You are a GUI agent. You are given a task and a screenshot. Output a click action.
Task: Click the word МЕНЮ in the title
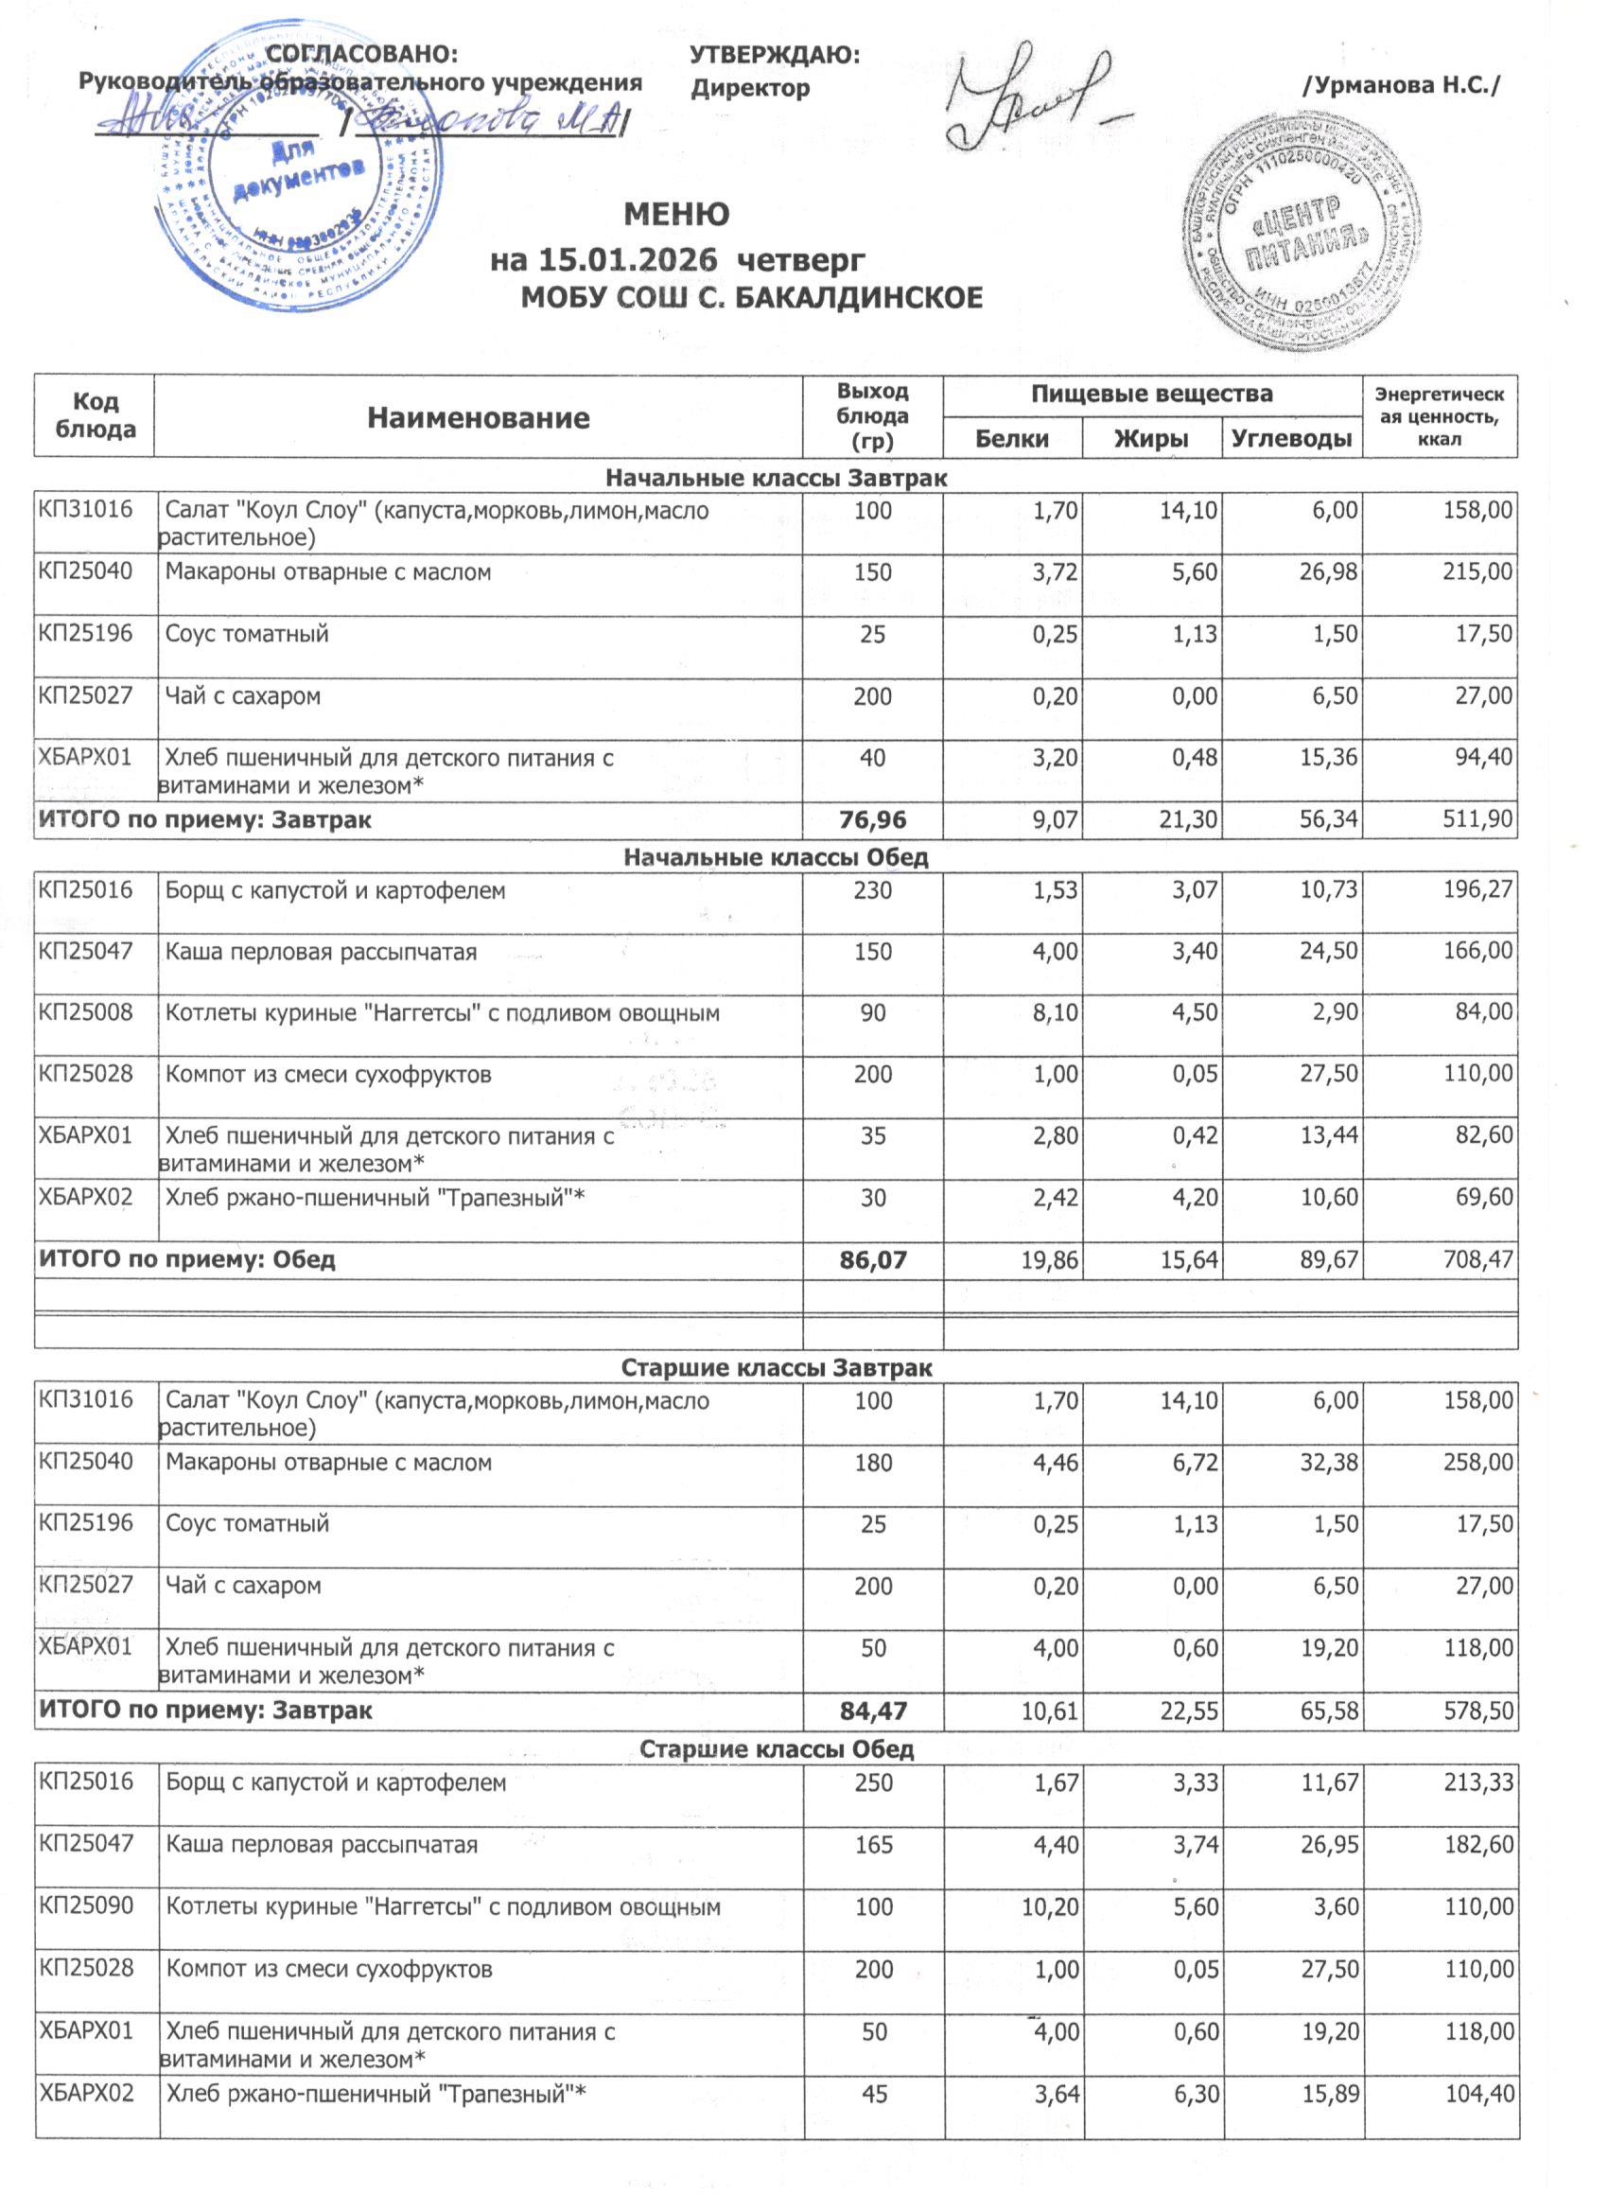click(x=676, y=215)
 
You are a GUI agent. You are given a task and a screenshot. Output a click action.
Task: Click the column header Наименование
click(x=478, y=418)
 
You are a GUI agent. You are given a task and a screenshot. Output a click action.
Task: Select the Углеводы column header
click(x=1292, y=439)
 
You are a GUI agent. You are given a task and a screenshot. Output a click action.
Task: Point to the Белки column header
click(x=1012, y=439)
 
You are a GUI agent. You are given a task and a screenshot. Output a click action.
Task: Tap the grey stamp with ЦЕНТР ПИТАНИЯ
click(x=1302, y=239)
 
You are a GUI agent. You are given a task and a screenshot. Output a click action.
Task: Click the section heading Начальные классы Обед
click(x=776, y=857)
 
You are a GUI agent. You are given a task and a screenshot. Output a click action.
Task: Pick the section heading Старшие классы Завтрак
click(x=777, y=1367)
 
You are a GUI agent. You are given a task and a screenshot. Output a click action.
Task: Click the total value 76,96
click(x=873, y=820)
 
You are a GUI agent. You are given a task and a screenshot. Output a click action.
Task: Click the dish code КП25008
click(x=86, y=1012)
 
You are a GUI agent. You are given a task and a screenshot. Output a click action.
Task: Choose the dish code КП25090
click(x=86, y=1905)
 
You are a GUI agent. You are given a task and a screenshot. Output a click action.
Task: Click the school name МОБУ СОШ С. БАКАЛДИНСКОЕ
click(x=752, y=296)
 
